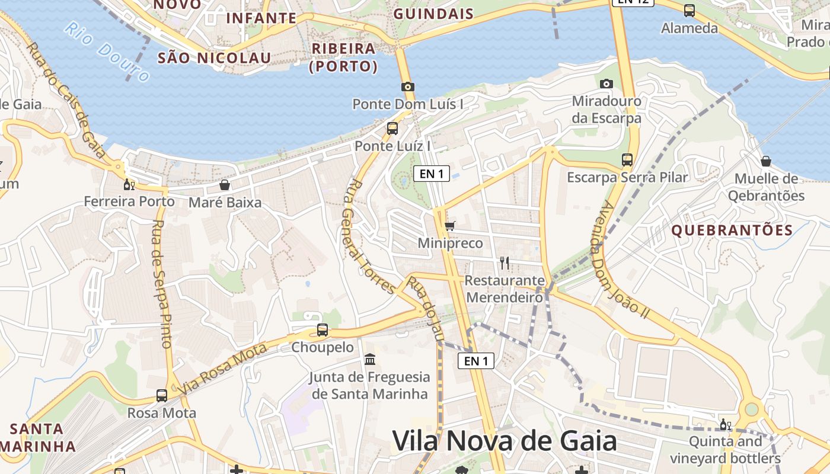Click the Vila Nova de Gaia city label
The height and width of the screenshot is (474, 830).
(x=505, y=441)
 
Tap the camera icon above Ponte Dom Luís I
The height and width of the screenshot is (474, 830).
(x=407, y=87)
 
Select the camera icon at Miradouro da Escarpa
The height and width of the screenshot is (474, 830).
(x=606, y=84)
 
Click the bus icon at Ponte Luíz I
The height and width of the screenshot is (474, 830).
(x=392, y=129)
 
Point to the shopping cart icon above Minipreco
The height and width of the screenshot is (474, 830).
(x=450, y=226)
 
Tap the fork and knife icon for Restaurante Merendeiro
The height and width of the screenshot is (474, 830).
(x=505, y=262)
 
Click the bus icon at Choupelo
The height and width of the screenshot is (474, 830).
(x=322, y=330)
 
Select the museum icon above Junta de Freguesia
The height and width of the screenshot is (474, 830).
(x=370, y=359)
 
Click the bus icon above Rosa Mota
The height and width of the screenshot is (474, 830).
(x=161, y=395)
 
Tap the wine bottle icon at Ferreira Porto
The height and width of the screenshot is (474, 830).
(x=129, y=184)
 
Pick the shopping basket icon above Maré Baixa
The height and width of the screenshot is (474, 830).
(x=224, y=185)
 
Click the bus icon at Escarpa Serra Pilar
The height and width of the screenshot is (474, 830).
(x=627, y=159)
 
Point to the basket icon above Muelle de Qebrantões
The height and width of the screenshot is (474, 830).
(x=766, y=161)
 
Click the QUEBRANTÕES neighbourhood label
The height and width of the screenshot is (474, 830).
(x=732, y=230)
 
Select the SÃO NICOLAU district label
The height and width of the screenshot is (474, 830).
(x=214, y=57)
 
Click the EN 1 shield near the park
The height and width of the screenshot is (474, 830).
(x=432, y=174)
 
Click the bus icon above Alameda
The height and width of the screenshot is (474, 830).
(x=689, y=10)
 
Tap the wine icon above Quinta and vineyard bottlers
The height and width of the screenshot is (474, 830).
(x=725, y=424)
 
